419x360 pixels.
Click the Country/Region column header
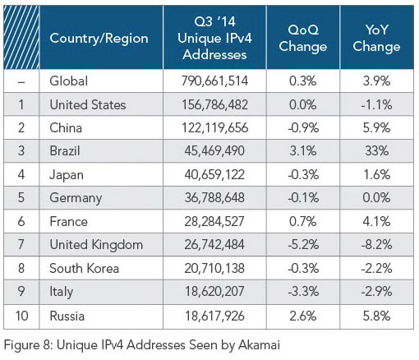[99, 38]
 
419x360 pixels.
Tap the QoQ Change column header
[303, 38]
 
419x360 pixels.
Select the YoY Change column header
[376, 38]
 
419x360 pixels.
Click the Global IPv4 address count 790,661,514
[214, 81]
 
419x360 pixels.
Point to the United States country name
[88, 104]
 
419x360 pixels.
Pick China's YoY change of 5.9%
[376, 128]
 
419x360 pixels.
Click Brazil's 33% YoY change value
[376, 151]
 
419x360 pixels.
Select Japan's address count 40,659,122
[214, 174]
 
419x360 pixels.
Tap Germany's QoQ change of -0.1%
[303, 198]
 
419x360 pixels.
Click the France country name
[68, 221]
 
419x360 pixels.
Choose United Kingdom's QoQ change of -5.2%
[303, 245]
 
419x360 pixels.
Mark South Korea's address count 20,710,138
[214, 268]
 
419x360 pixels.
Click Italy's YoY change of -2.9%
[376, 292]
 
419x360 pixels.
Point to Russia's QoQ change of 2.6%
[303, 316]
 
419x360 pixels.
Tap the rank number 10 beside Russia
[21, 316]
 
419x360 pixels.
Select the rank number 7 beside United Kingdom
[21, 245]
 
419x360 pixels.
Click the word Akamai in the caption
[259, 344]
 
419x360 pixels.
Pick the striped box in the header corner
[21, 37]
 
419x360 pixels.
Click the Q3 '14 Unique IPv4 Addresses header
[214, 38]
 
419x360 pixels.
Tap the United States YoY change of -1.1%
[376, 104]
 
